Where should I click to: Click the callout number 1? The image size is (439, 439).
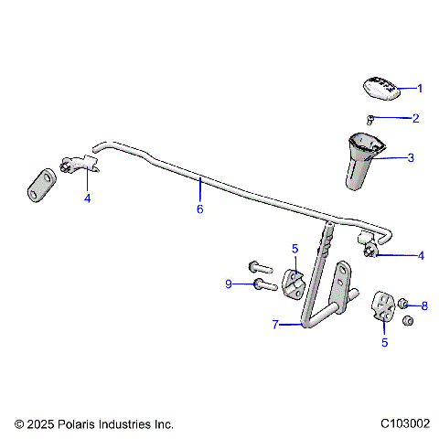pos(420,89)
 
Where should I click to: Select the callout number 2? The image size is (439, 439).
pos(415,118)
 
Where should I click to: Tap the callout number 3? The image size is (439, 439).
pos(411,157)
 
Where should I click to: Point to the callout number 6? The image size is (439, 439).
pos(199,209)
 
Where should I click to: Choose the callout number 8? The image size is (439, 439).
pos(423,305)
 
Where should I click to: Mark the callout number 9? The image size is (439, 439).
pos(229,284)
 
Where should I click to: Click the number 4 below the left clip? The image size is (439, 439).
pos(87,198)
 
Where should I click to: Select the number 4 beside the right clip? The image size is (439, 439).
pos(421,256)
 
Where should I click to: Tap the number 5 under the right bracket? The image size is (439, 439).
pos(384,343)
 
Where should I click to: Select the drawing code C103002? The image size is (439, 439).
pos(405,424)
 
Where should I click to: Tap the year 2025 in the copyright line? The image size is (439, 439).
pos(42,424)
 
